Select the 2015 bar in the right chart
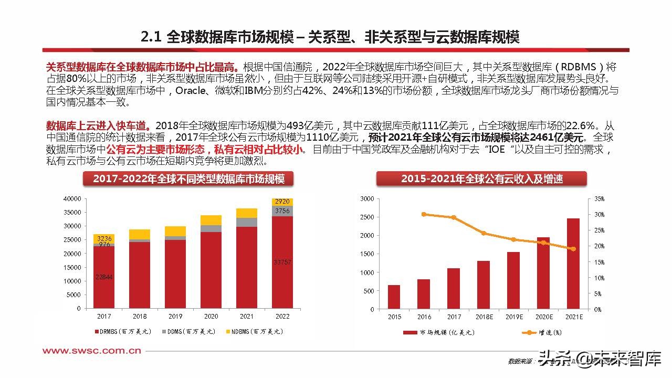[394, 297]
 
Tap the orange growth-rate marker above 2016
[424, 214]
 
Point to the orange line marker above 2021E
[573, 249]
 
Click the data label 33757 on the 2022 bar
[282, 262]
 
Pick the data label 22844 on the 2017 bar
[103, 277]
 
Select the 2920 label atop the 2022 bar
[282, 202]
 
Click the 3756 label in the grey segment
[282, 211]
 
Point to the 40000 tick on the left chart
[72, 198]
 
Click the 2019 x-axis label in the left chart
[175, 317]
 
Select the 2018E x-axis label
[484, 317]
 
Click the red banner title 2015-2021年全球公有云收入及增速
[481, 179]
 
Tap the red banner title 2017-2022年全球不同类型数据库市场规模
[188, 179]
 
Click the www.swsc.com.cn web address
[91, 351]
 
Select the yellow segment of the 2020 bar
[211, 220]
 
